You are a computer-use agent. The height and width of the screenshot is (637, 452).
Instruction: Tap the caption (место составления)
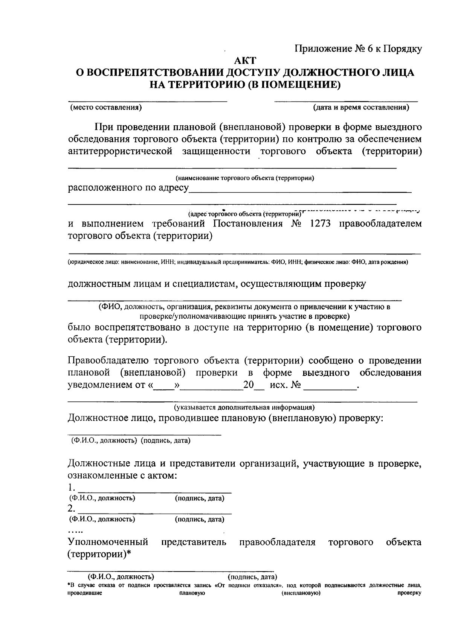point(106,108)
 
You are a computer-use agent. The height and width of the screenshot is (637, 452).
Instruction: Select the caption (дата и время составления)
point(361,108)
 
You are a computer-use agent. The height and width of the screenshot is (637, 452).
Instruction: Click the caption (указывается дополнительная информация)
point(244,407)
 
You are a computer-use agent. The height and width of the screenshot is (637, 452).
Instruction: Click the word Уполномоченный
point(108,542)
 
